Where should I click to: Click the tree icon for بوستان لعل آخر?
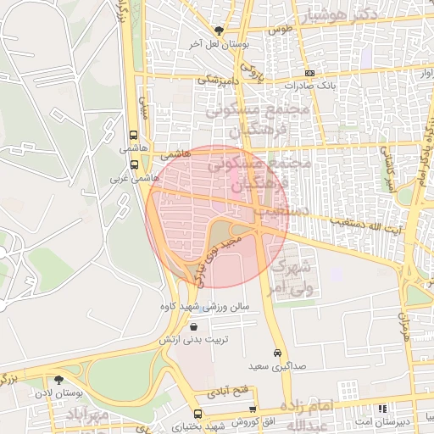pos(219,31)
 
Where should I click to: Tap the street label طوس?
pos(281,29)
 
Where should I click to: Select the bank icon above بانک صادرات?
pos(310,73)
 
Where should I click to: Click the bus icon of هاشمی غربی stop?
pos(133,164)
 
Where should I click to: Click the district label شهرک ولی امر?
pos(296,277)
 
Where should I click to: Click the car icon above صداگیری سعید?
pos(277,353)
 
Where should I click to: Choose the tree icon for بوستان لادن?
pos(58,381)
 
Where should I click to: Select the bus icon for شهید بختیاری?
pos(174,414)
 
